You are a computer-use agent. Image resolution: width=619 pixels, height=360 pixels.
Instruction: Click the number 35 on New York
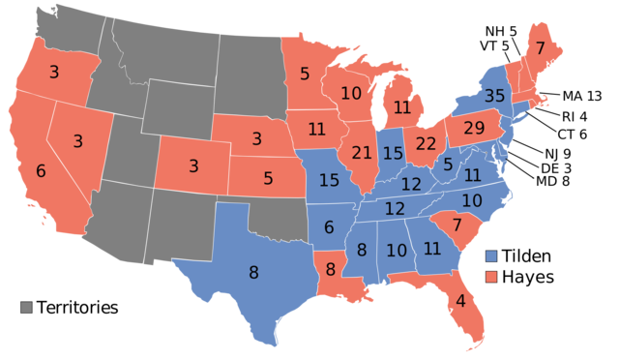point(494,96)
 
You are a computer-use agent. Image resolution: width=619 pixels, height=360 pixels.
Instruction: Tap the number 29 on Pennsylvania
point(474,128)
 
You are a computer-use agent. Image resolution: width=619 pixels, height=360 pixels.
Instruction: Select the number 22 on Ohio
point(427,143)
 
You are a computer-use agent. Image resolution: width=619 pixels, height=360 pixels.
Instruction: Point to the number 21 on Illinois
point(362,153)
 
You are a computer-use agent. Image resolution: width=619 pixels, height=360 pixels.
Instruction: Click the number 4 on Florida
point(460,300)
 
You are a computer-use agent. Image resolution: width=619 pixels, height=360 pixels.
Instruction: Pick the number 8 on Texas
point(253,273)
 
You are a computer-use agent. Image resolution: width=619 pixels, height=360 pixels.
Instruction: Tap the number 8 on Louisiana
point(330,270)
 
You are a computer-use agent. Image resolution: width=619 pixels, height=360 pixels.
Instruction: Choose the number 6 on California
point(41,171)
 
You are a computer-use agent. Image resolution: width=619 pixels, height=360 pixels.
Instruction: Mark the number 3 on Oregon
point(53,72)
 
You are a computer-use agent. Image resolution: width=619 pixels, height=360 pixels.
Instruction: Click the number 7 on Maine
point(540,48)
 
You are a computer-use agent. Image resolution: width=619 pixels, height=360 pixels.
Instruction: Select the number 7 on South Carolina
point(457,225)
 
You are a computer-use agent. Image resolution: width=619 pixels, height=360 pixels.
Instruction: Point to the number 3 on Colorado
point(193,166)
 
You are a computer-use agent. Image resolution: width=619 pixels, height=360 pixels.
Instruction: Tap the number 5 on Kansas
point(268,179)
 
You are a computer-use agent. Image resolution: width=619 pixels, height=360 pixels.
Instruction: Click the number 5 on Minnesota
point(305,73)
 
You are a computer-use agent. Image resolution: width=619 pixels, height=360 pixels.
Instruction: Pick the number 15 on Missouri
point(329,180)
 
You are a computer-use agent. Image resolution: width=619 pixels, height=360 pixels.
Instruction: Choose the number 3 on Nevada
point(77,141)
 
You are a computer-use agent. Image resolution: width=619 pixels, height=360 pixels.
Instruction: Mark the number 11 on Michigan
point(402,107)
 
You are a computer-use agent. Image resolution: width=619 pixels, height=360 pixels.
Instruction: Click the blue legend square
point(491,256)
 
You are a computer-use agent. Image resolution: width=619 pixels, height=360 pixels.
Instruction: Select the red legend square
point(491,277)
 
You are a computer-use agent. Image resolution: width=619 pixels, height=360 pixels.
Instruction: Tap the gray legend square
point(27,307)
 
